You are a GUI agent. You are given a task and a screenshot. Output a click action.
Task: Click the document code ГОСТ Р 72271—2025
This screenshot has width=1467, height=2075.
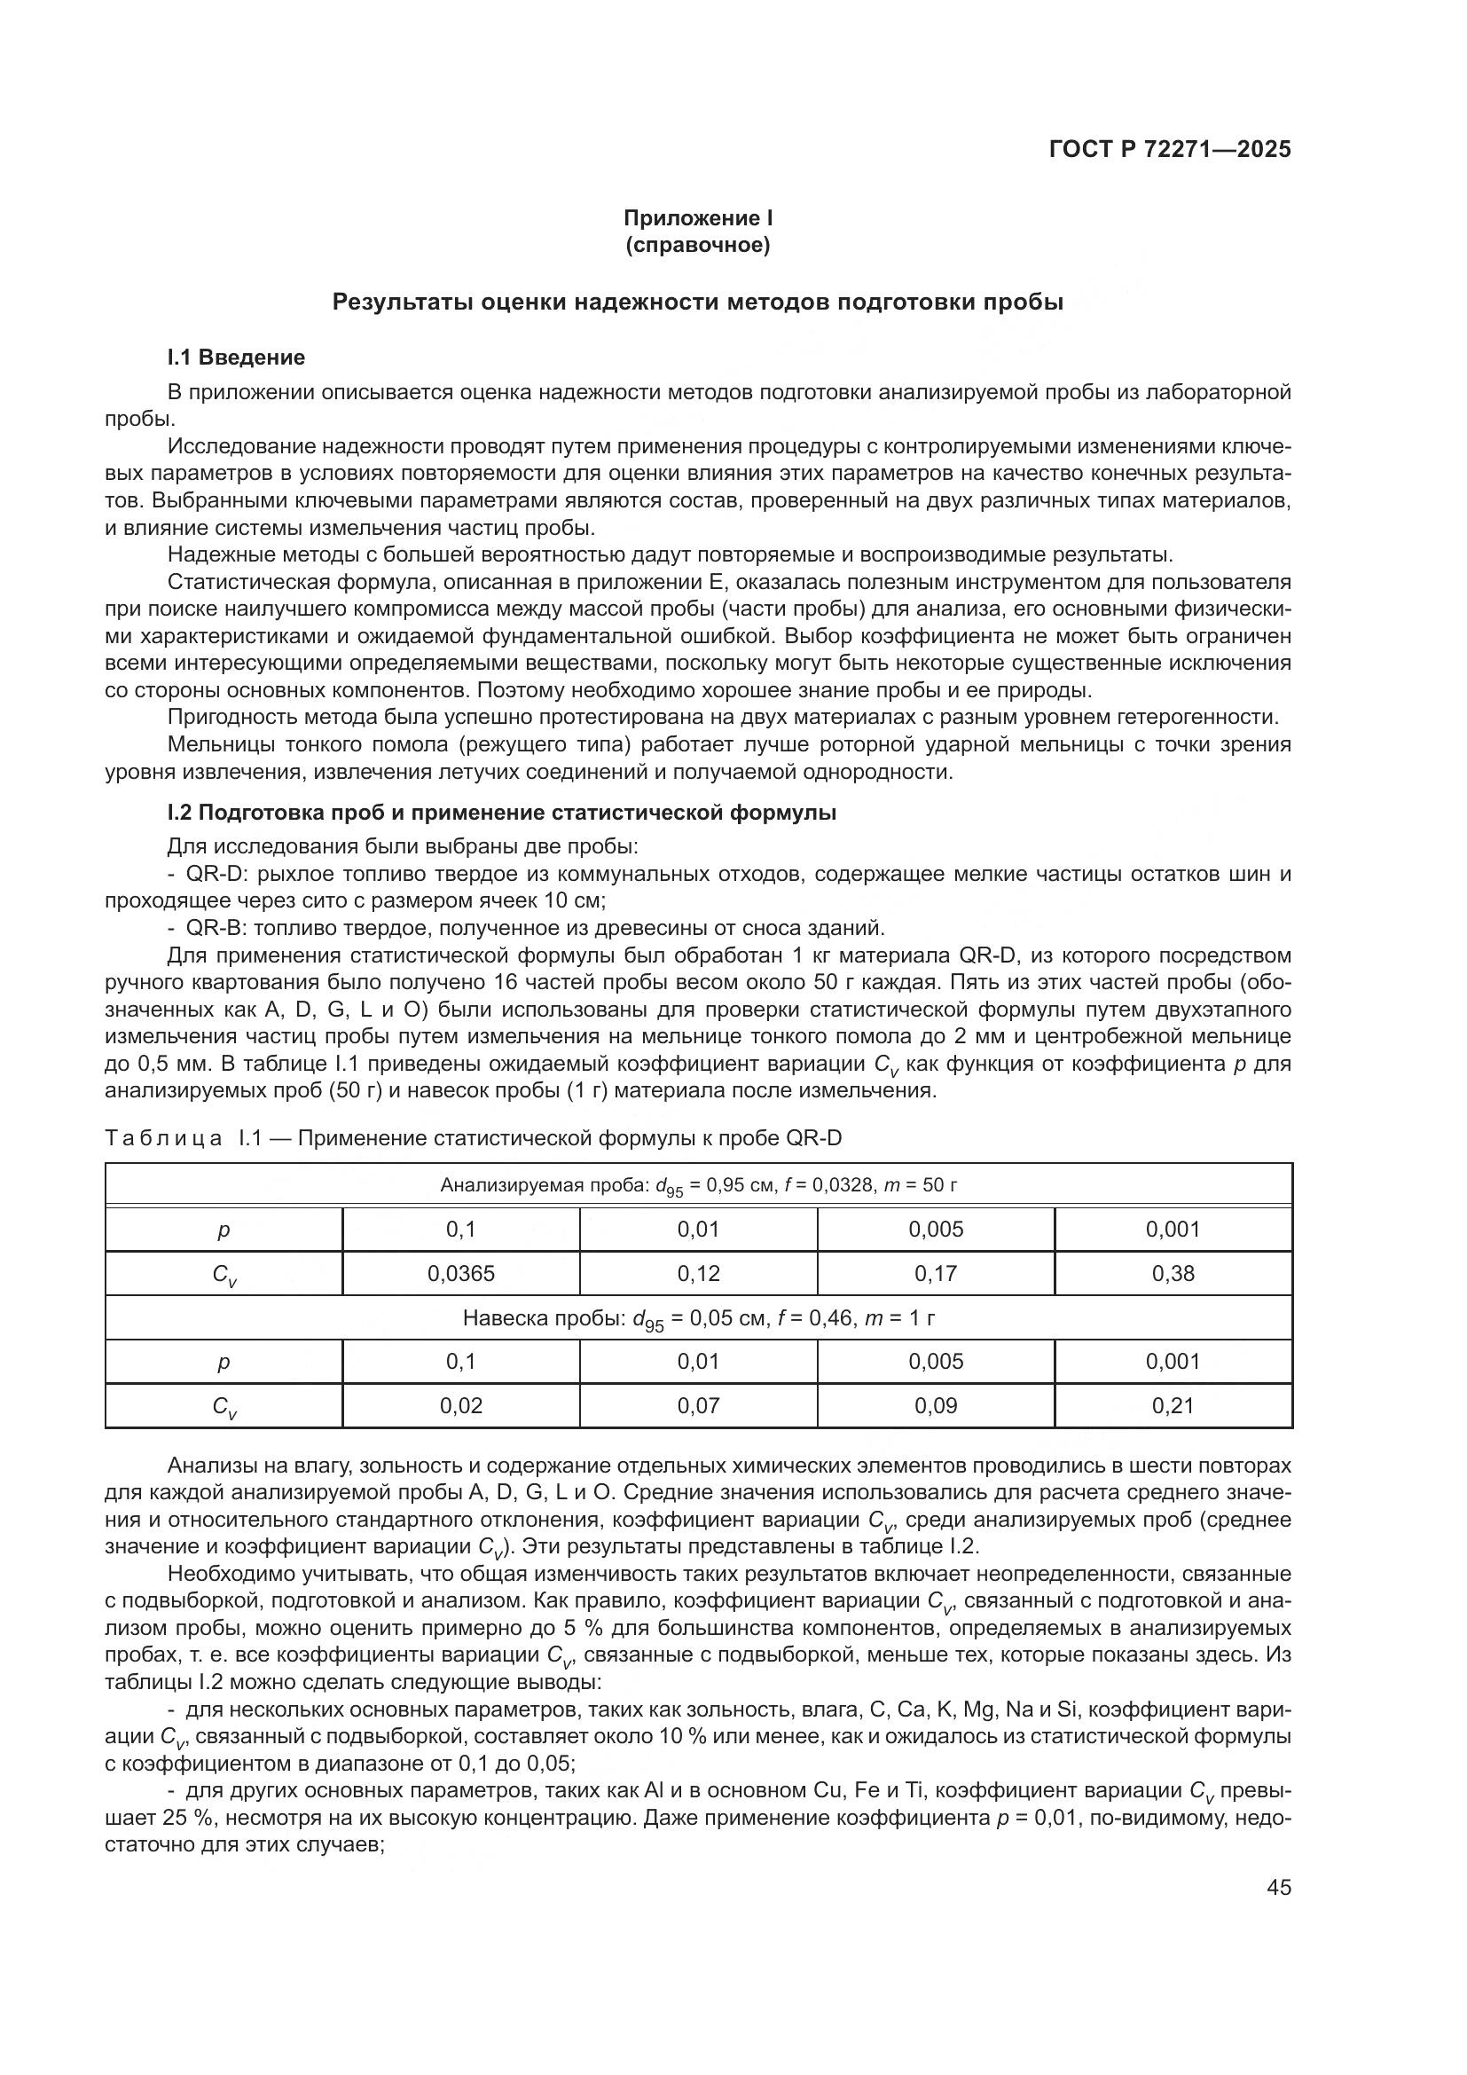[x=1169, y=149]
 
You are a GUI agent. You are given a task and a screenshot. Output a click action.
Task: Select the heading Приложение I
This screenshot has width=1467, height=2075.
[x=697, y=218]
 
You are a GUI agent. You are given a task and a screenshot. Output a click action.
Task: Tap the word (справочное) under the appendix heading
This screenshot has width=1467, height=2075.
[x=697, y=246]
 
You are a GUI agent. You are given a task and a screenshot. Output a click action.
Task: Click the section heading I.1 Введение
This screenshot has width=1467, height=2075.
[x=236, y=357]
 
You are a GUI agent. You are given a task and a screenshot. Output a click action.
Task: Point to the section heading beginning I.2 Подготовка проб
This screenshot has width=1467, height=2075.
[x=501, y=813]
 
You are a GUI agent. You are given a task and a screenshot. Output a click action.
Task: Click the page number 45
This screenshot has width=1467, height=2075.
[x=1278, y=1887]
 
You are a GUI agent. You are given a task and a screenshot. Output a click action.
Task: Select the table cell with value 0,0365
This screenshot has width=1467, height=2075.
[x=460, y=1273]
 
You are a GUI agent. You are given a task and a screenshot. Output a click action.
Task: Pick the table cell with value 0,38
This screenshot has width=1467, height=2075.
[x=1173, y=1273]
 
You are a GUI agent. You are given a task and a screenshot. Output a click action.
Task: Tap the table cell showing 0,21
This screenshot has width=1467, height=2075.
[x=1173, y=1405]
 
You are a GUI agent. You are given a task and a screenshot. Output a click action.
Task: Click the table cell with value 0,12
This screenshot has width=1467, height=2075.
[x=698, y=1273]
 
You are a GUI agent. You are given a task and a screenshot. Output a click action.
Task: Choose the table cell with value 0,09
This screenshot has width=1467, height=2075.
[x=935, y=1405]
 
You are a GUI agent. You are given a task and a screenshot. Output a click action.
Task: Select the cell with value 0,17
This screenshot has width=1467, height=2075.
[x=935, y=1273]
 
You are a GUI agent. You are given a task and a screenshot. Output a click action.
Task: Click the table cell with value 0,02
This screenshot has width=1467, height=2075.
[x=460, y=1405]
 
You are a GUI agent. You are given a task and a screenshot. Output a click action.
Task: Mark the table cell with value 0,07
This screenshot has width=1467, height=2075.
[x=698, y=1405]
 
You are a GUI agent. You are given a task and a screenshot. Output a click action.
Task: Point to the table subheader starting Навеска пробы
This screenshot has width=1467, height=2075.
[x=698, y=1318]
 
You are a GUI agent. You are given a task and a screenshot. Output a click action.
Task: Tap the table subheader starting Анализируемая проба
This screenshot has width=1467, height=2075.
[x=698, y=1185]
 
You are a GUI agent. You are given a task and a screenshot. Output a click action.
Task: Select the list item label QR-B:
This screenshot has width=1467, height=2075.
[x=217, y=928]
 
